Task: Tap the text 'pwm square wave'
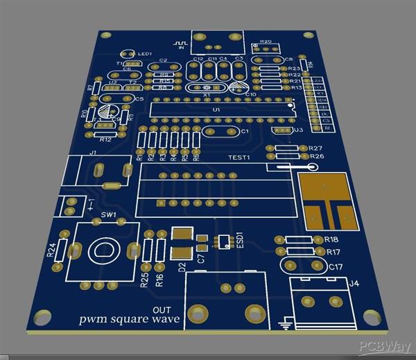point(129,319)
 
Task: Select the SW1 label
point(108,216)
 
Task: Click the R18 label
point(332,240)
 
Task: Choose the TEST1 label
point(239,158)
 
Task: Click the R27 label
point(315,148)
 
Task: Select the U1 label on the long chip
point(216,110)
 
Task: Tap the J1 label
point(93,153)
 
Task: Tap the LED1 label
point(145,54)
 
